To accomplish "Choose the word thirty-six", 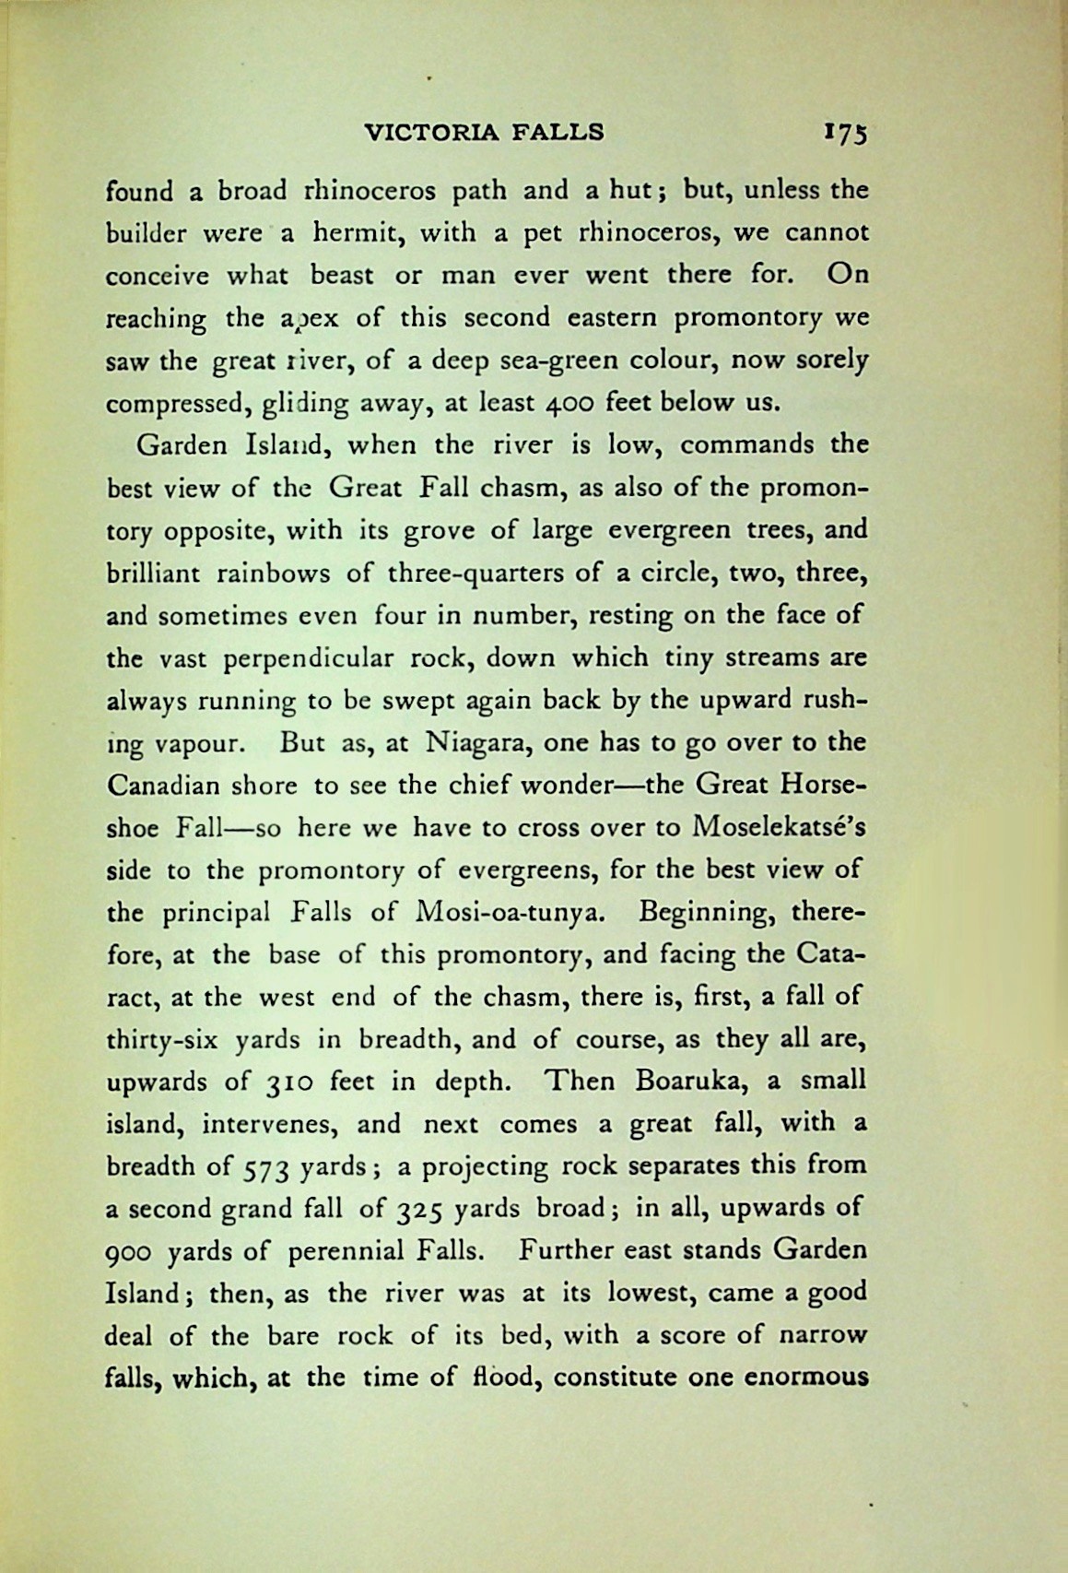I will pyautogui.click(x=162, y=1040).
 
